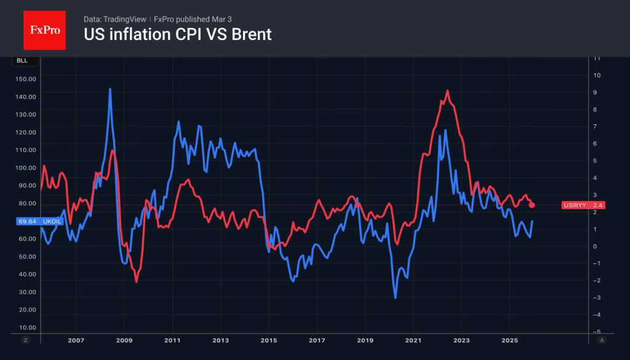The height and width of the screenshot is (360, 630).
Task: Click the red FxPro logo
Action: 44,30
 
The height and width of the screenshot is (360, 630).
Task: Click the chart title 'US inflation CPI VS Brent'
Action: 177,35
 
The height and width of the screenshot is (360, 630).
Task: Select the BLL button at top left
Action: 22,61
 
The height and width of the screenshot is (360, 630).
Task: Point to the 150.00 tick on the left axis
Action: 25,79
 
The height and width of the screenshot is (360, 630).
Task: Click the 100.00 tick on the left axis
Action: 25,167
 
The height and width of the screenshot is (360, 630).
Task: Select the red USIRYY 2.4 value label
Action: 583,205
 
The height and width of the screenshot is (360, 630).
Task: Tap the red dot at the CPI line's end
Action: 532,205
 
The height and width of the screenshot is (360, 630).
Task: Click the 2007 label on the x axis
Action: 76,340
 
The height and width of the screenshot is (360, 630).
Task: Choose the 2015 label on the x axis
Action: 268,340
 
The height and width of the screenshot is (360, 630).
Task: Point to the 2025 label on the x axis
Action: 509,340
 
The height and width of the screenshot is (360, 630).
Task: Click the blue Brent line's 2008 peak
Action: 110,89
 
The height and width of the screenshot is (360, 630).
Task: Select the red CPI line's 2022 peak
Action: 447,91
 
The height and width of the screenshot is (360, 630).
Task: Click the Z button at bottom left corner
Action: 26,340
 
